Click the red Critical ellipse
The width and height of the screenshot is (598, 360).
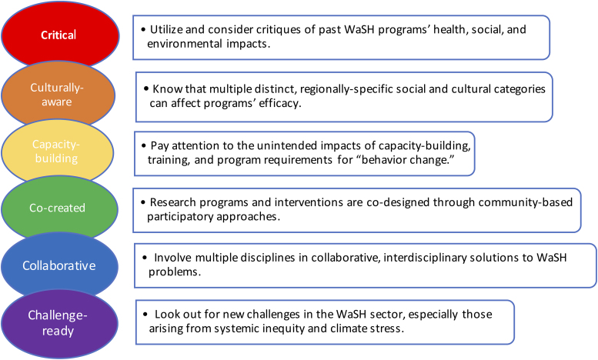(60, 35)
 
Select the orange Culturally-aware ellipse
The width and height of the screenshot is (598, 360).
(58, 94)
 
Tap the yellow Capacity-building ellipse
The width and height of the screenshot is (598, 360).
(57, 152)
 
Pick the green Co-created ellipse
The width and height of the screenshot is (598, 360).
(59, 208)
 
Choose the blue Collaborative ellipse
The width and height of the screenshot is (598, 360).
(59, 266)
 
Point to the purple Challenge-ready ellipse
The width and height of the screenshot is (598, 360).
(59, 324)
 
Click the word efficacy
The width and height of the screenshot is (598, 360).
(279, 104)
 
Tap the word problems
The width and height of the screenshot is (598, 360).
(175, 272)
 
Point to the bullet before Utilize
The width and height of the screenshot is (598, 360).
(143, 30)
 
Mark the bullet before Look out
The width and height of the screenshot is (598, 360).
(145, 315)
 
